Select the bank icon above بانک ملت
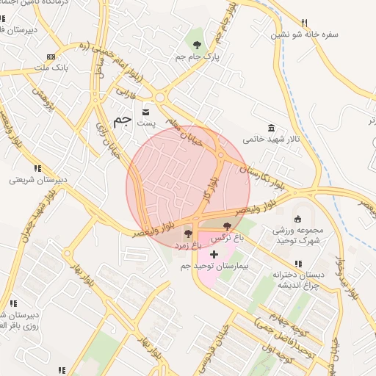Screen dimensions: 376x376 click(51, 57)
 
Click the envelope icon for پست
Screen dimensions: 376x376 click(146, 112)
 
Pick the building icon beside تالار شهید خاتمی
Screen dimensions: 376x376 click(272, 127)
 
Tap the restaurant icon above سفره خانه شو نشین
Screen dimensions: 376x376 click(305, 23)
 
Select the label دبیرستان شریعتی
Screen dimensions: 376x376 click(37, 178)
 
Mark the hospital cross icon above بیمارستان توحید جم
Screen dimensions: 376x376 click(214, 254)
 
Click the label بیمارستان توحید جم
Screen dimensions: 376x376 click(217, 265)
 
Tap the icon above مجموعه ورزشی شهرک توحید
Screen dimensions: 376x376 click(297, 219)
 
